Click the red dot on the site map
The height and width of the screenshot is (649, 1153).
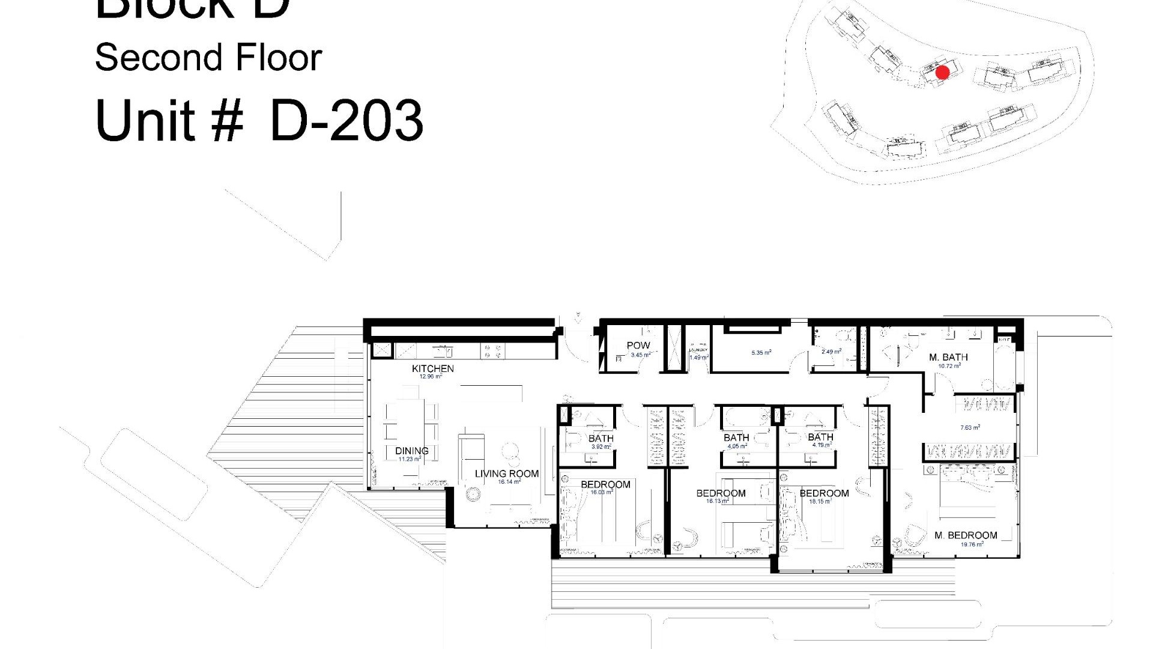(942, 73)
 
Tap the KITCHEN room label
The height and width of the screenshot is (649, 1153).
(432, 368)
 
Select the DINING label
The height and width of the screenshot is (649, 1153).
(411, 451)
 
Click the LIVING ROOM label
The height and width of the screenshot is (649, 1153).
(506, 474)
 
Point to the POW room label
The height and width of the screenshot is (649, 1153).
(638, 346)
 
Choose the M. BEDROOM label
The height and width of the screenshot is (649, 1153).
(966, 535)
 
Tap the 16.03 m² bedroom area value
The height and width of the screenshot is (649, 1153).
(601, 492)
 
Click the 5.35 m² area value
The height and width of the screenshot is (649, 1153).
(761, 353)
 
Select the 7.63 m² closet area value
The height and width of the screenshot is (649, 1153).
(970, 428)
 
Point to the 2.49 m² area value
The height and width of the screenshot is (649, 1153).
(831, 352)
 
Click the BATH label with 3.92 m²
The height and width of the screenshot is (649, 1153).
(601, 439)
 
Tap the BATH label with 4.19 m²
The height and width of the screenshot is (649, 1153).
(820, 437)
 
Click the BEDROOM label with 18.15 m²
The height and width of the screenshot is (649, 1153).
(824, 493)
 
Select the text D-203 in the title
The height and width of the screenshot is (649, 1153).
(347, 121)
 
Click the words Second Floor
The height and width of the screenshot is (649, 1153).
(208, 58)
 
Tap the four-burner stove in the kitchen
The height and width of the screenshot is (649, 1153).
(492, 351)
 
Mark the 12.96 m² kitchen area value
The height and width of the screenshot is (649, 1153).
(431, 377)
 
